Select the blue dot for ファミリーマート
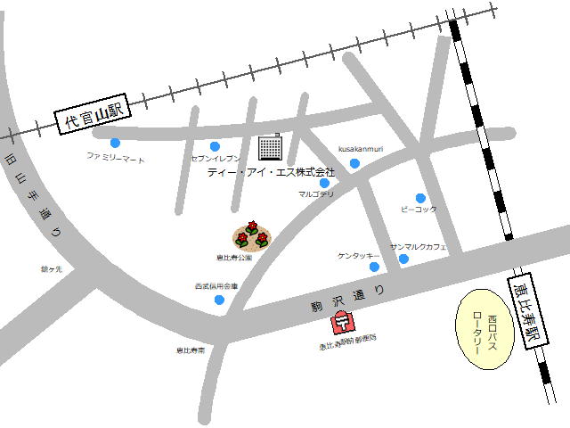[115, 143]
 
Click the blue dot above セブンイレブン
[215, 146]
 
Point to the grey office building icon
[269, 146]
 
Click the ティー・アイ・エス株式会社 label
[271, 171]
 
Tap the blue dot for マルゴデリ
[324, 183]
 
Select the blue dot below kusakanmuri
[354, 163]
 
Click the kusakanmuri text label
[361, 149]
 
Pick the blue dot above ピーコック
[420, 198]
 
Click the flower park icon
[252, 235]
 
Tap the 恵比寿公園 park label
[233, 257]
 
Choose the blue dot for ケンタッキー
[374, 267]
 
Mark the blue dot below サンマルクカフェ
[403, 259]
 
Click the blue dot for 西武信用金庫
[219, 300]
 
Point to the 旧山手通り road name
[36, 197]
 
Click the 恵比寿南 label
[190, 350]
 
